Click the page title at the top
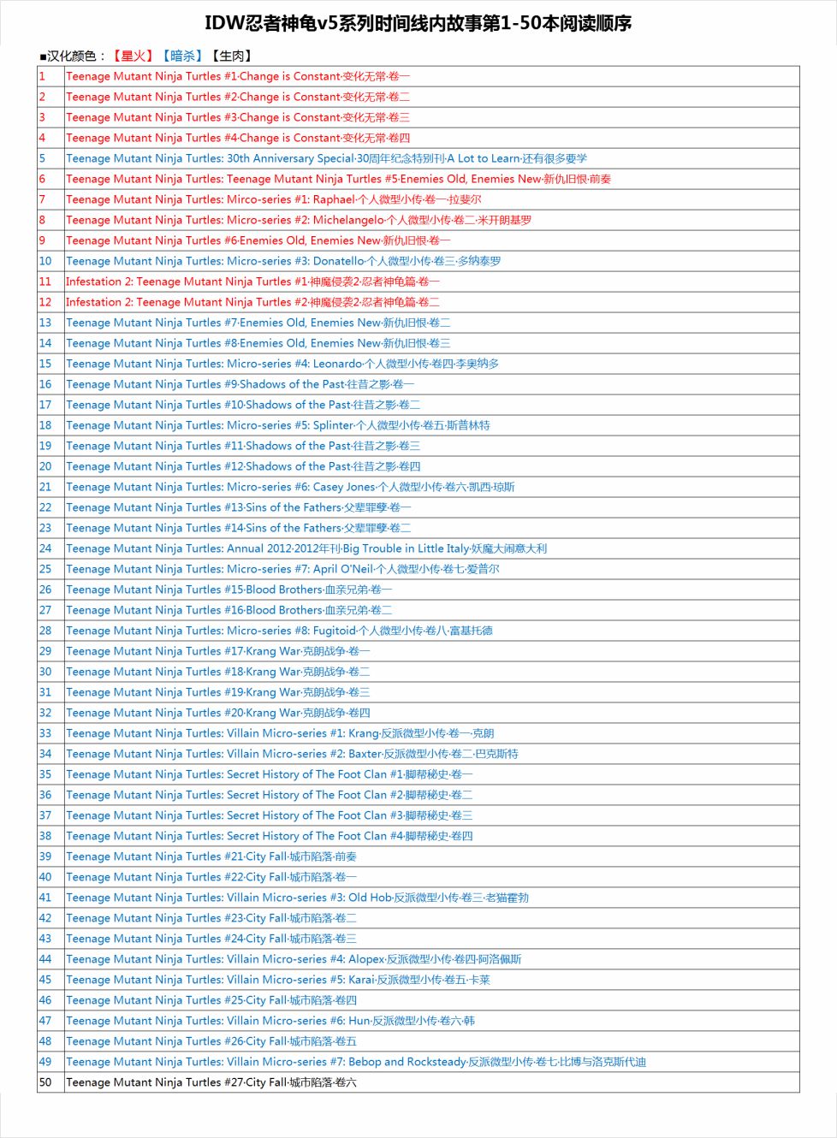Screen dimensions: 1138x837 (418, 23)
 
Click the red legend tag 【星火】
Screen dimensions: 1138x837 (133, 56)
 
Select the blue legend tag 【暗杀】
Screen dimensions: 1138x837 (182, 56)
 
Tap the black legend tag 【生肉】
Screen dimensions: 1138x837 (232, 56)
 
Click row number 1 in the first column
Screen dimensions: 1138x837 (42, 76)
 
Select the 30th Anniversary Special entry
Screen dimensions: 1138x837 (326, 158)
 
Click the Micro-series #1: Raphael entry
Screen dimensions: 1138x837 (273, 199)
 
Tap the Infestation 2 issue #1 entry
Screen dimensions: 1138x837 (252, 282)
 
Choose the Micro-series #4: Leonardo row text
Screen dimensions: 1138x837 (282, 364)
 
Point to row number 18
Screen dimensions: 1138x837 (45, 425)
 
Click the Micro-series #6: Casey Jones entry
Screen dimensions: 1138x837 (290, 487)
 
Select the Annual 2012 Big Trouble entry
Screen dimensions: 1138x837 (306, 548)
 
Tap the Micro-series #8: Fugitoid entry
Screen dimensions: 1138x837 (279, 631)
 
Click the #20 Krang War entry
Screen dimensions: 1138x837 (217, 713)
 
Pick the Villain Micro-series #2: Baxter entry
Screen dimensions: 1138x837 (292, 754)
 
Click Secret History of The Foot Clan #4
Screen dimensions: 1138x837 (269, 836)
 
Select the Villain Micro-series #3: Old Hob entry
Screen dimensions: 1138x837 (297, 898)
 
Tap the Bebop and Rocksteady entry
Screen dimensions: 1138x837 (355, 1062)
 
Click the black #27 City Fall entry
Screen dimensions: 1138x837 (211, 1082)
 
